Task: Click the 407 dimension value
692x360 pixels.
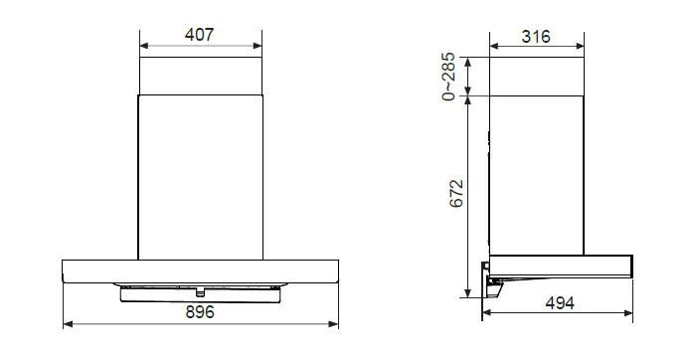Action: (200, 34)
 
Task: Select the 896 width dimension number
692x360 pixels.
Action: (200, 311)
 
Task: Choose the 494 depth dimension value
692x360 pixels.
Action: (560, 302)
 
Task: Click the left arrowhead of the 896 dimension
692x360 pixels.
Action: (67, 324)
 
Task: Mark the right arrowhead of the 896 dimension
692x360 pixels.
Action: (336, 324)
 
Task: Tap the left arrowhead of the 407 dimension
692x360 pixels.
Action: (143, 46)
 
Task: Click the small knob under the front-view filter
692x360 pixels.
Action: (201, 292)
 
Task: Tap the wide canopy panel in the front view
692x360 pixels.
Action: (201, 270)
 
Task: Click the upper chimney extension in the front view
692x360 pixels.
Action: (201, 76)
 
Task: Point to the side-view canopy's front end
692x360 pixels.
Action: (627, 264)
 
